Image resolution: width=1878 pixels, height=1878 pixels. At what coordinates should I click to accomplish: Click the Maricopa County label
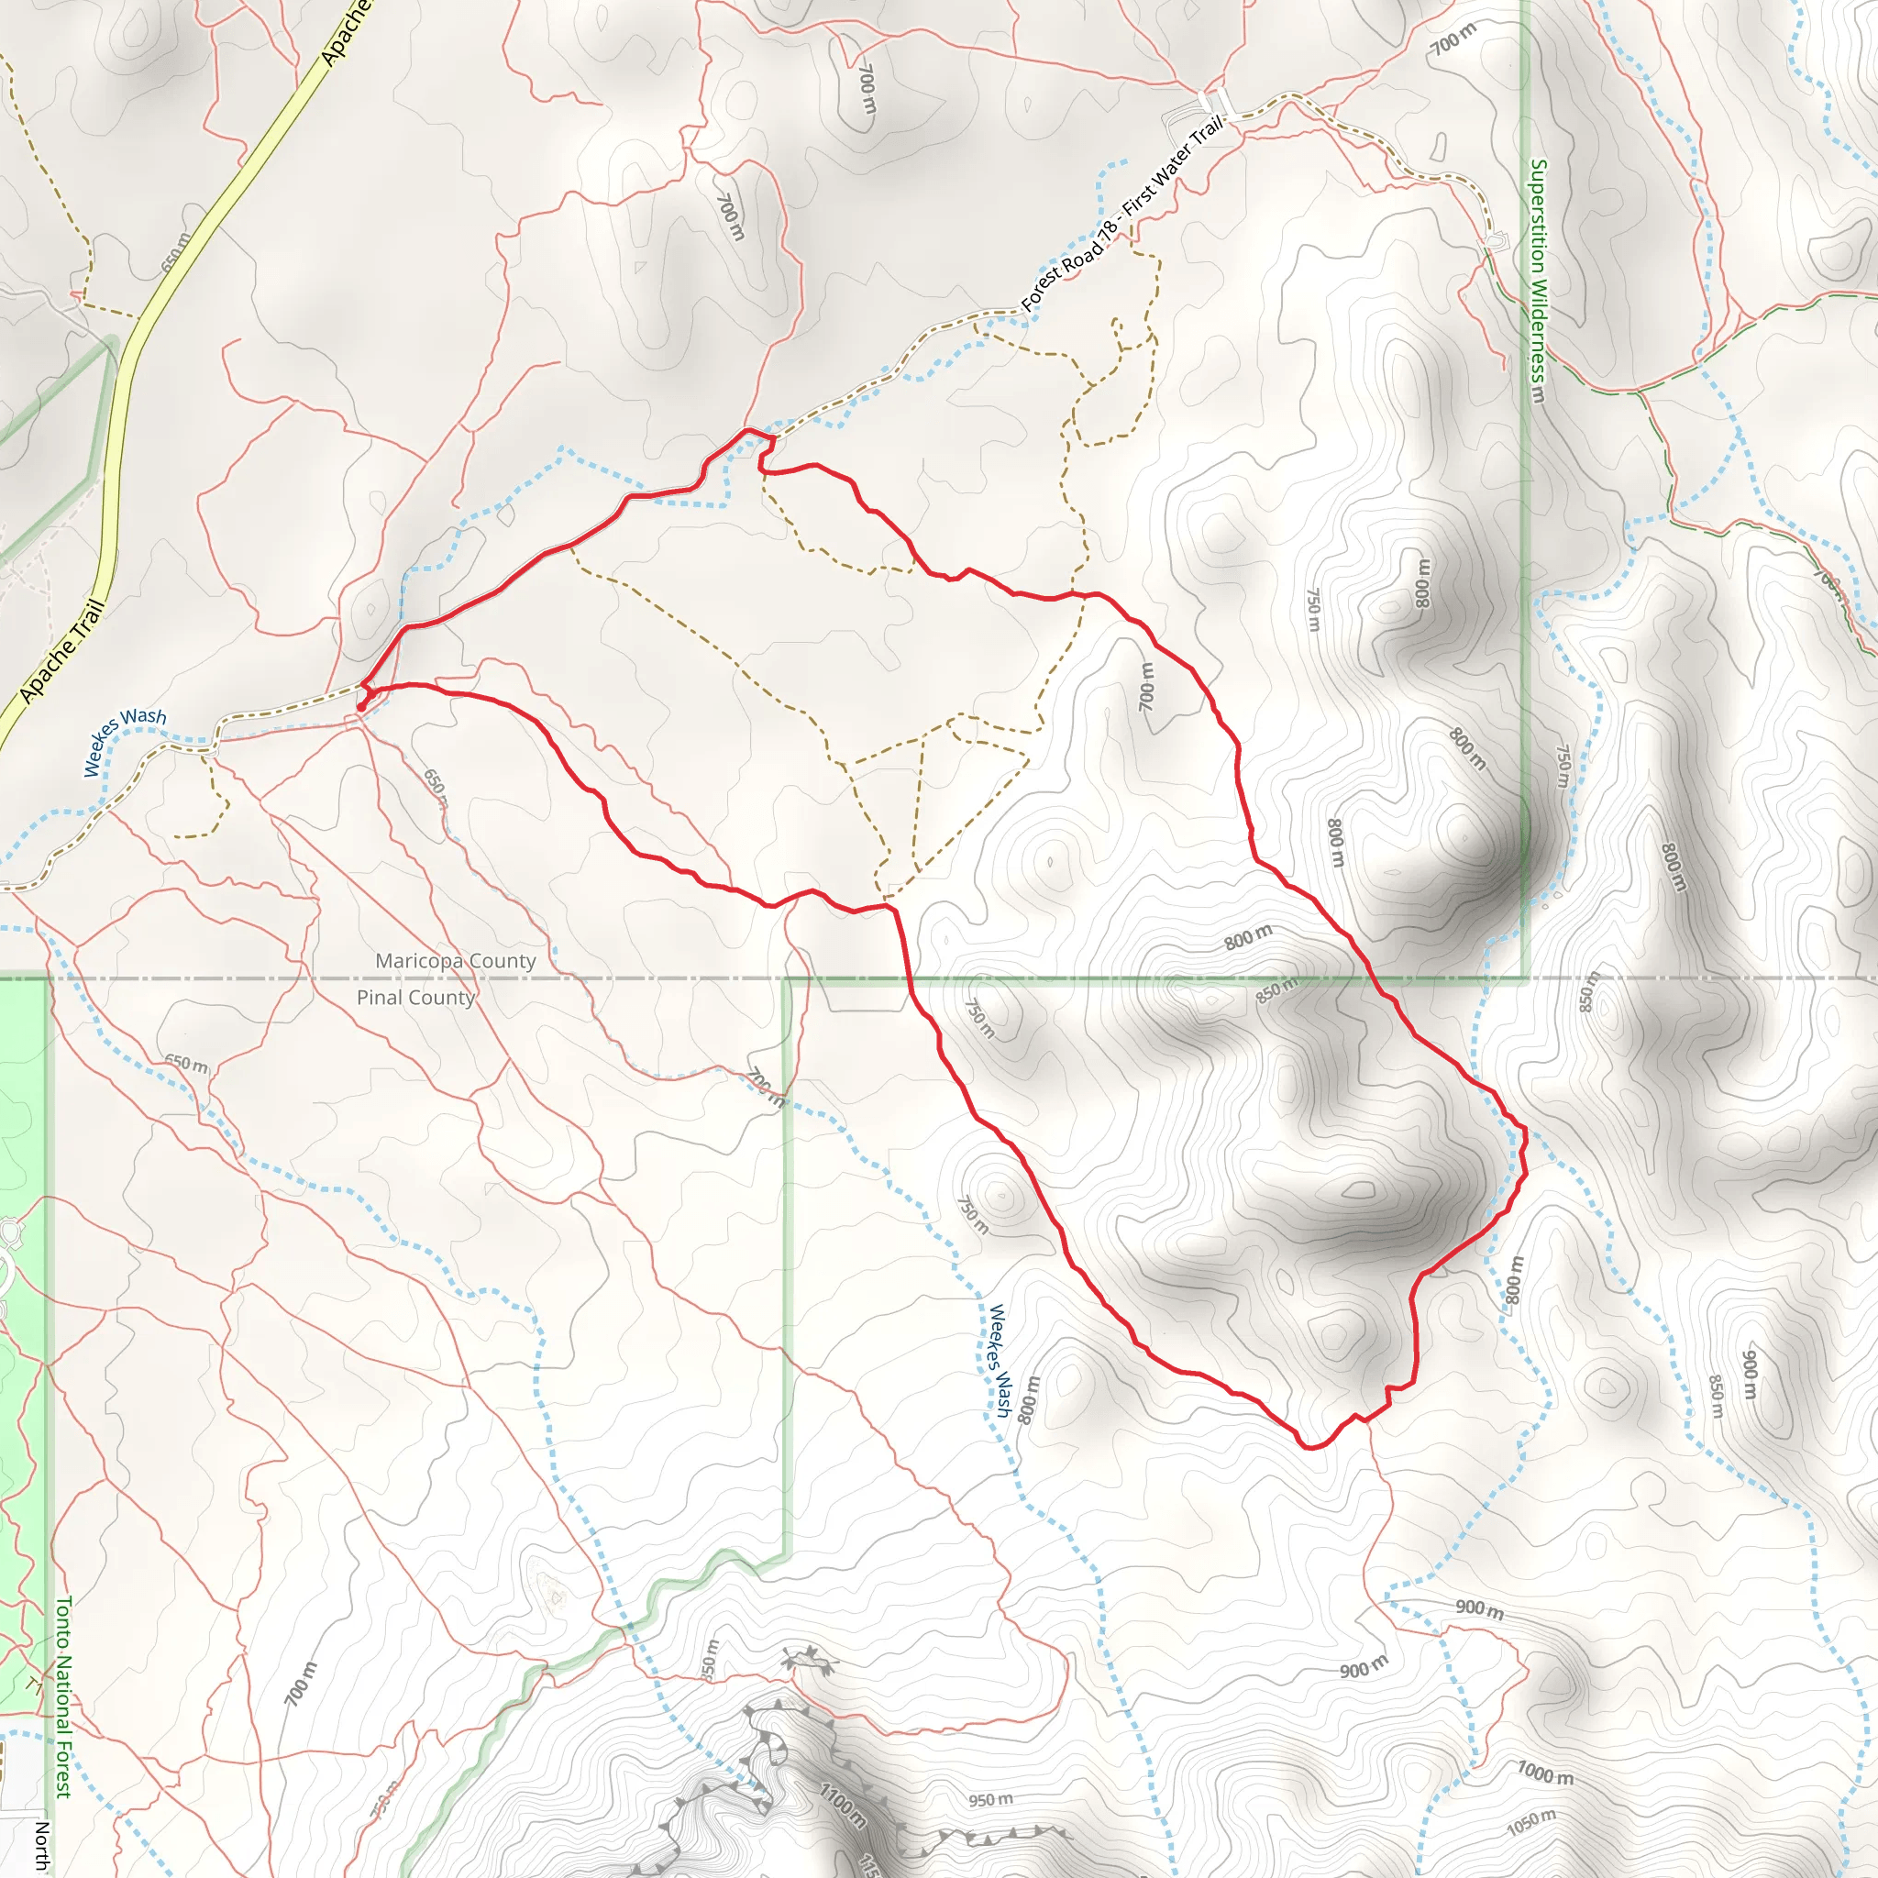coord(455,960)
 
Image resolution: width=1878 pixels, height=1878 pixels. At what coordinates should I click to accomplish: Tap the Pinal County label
coord(415,998)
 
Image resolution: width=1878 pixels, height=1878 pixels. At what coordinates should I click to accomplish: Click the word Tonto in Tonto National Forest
coord(63,1622)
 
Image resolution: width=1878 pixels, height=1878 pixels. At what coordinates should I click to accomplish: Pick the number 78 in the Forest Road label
coord(1107,232)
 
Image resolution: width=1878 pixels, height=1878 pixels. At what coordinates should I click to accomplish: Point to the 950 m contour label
coord(990,1800)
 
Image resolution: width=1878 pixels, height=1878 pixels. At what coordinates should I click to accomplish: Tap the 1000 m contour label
coord(1544,1773)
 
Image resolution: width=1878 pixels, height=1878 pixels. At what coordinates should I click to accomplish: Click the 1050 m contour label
coord(1531,1823)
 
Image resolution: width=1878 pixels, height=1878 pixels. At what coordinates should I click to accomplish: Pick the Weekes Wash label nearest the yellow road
coord(125,742)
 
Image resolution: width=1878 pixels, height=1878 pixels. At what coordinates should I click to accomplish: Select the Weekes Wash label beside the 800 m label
coord(1000,1361)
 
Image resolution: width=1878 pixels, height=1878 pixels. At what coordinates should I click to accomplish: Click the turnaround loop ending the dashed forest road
coord(1494,239)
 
